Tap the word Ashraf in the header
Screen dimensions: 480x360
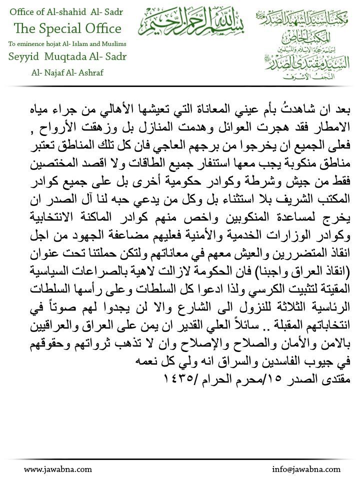90,72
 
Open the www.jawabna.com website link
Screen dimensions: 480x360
58,469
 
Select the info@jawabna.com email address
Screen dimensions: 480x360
306,469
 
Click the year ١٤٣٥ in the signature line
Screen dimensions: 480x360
175,379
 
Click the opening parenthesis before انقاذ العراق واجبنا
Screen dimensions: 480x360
349,274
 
